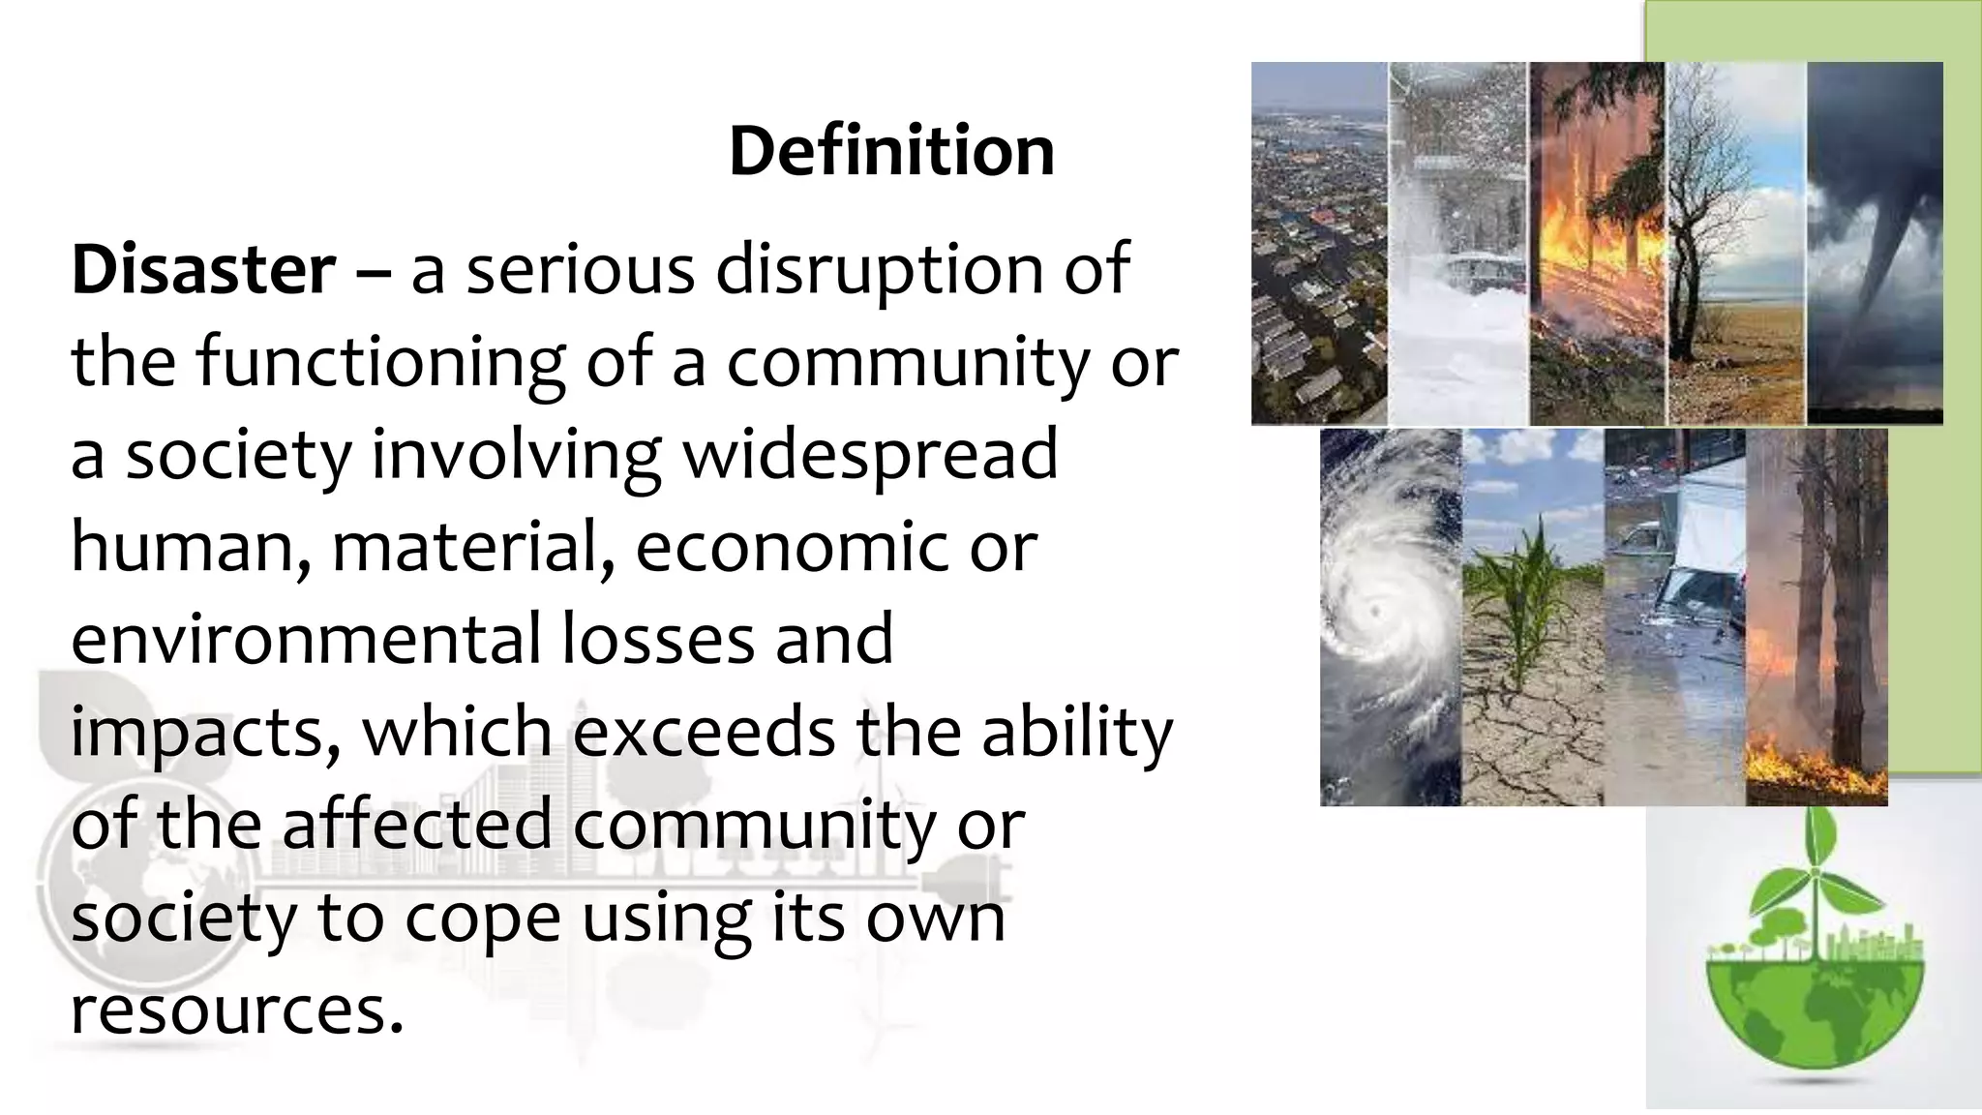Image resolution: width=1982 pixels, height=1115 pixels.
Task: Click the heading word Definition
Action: point(891,152)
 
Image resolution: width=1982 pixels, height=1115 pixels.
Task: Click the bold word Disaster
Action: point(203,270)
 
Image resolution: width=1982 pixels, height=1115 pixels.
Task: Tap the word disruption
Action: point(879,270)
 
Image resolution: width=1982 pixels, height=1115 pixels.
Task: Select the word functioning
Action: point(380,363)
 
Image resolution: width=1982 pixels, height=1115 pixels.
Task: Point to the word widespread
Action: point(870,455)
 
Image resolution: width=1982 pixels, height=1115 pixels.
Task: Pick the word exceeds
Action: point(704,733)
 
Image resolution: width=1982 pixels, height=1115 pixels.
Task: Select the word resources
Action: point(236,1010)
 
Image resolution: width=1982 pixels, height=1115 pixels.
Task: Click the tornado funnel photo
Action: point(1875,243)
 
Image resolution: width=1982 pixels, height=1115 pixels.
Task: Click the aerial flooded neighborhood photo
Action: point(1319,243)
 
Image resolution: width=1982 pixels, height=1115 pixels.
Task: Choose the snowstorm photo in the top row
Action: point(1457,243)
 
